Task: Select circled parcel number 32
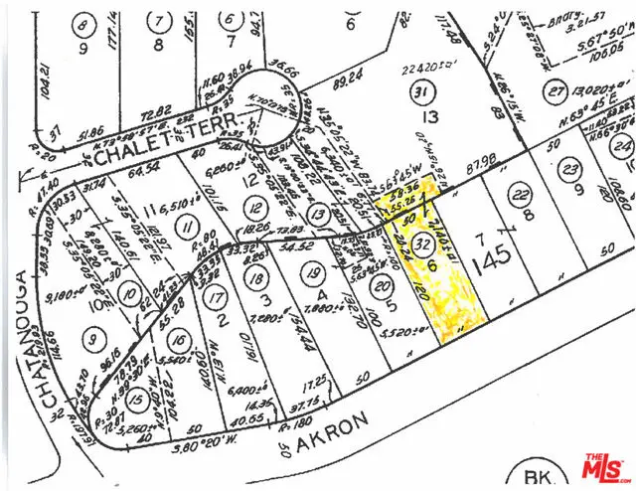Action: point(422,242)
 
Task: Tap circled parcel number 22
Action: point(517,193)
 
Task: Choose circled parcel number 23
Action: point(568,168)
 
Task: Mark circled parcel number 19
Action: point(311,271)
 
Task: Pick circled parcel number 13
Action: point(318,214)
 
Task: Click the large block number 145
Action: point(493,256)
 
